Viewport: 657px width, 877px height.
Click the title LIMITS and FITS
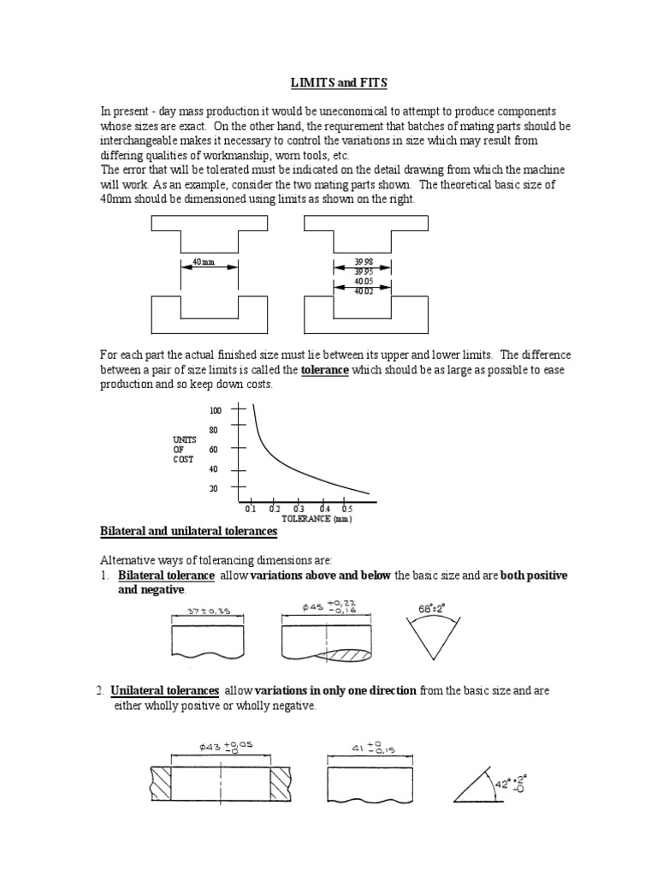[x=328, y=82]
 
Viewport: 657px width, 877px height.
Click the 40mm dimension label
[x=204, y=261]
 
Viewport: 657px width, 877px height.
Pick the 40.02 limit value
[x=363, y=291]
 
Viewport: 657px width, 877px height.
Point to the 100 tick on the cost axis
[x=215, y=411]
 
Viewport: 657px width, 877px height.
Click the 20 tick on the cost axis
[x=214, y=488]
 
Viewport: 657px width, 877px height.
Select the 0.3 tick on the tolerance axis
[x=299, y=508]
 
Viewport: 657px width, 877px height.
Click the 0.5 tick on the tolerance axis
[x=346, y=508]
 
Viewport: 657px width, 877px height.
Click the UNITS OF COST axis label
[x=184, y=449]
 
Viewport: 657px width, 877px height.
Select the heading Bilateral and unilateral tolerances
[x=189, y=532]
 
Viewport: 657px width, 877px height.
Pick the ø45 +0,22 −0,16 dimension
[x=329, y=607]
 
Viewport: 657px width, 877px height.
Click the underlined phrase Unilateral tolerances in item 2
[x=165, y=690]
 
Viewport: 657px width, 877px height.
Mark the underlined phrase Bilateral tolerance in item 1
[x=166, y=575]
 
